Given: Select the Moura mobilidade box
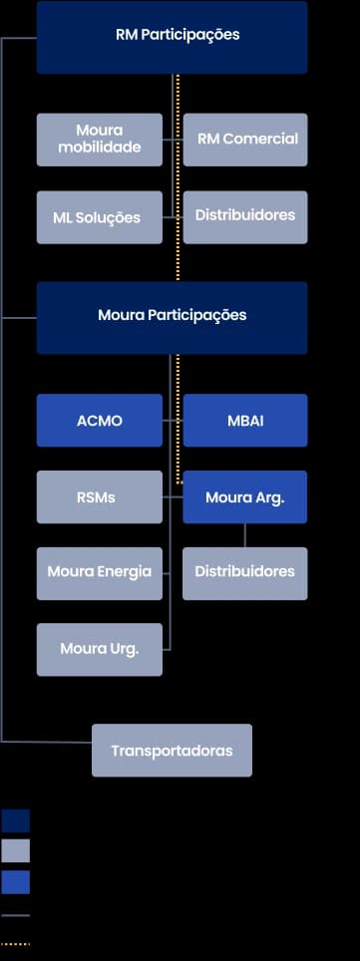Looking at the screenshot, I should [99, 140].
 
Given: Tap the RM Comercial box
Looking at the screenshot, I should [245, 140].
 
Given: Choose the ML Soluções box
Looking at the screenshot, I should [99, 217].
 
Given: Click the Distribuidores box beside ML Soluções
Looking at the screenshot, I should [245, 216].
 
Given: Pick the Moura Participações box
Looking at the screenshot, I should [172, 317].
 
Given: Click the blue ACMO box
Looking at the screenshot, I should [99, 421].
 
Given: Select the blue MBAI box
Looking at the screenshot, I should [245, 421].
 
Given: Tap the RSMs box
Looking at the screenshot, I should [99, 496].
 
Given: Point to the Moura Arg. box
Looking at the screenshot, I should [245, 496].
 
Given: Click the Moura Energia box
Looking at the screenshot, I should [99, 573].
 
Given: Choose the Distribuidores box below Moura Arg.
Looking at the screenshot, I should [245, 573].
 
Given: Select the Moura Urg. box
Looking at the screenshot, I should [99, 649].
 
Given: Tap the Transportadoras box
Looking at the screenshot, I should [172, 751].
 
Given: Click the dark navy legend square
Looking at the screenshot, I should [15, 820].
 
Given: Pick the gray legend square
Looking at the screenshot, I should [15, 850].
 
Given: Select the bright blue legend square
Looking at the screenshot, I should [15, 882].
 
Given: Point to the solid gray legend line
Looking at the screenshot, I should [15, 915].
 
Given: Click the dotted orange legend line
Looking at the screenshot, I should [15, 943].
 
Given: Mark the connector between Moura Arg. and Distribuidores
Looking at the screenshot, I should [245, 535].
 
